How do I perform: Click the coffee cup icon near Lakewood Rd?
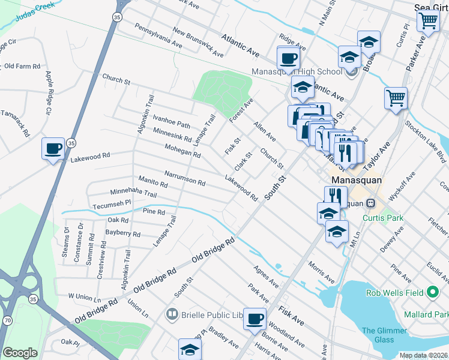[53, 148]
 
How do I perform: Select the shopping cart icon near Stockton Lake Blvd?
[396, 98]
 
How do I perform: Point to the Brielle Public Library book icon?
[172, 314]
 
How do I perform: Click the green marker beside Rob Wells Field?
[432, 293]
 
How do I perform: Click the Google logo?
[20, 353]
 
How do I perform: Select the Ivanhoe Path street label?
[171, 121]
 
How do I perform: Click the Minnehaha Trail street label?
[125, 194]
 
